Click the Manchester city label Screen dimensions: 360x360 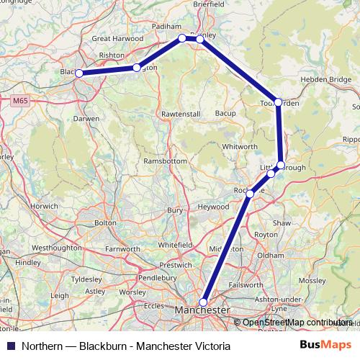(x=202, y=310)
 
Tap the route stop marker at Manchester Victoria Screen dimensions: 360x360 (x=204, y=302)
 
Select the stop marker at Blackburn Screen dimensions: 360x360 (x=79, y=73)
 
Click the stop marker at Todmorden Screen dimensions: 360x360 (x=278, y=102)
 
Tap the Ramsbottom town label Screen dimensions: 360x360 (x=164, y=161)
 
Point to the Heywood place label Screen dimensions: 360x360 (x=213, y=207)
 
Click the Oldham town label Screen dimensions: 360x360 (x=271, y=255)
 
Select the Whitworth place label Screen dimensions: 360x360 (x=238, y=146)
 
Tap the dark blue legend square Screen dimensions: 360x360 (x=13, y=346)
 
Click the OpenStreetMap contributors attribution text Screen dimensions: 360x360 (x=295, y=323)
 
